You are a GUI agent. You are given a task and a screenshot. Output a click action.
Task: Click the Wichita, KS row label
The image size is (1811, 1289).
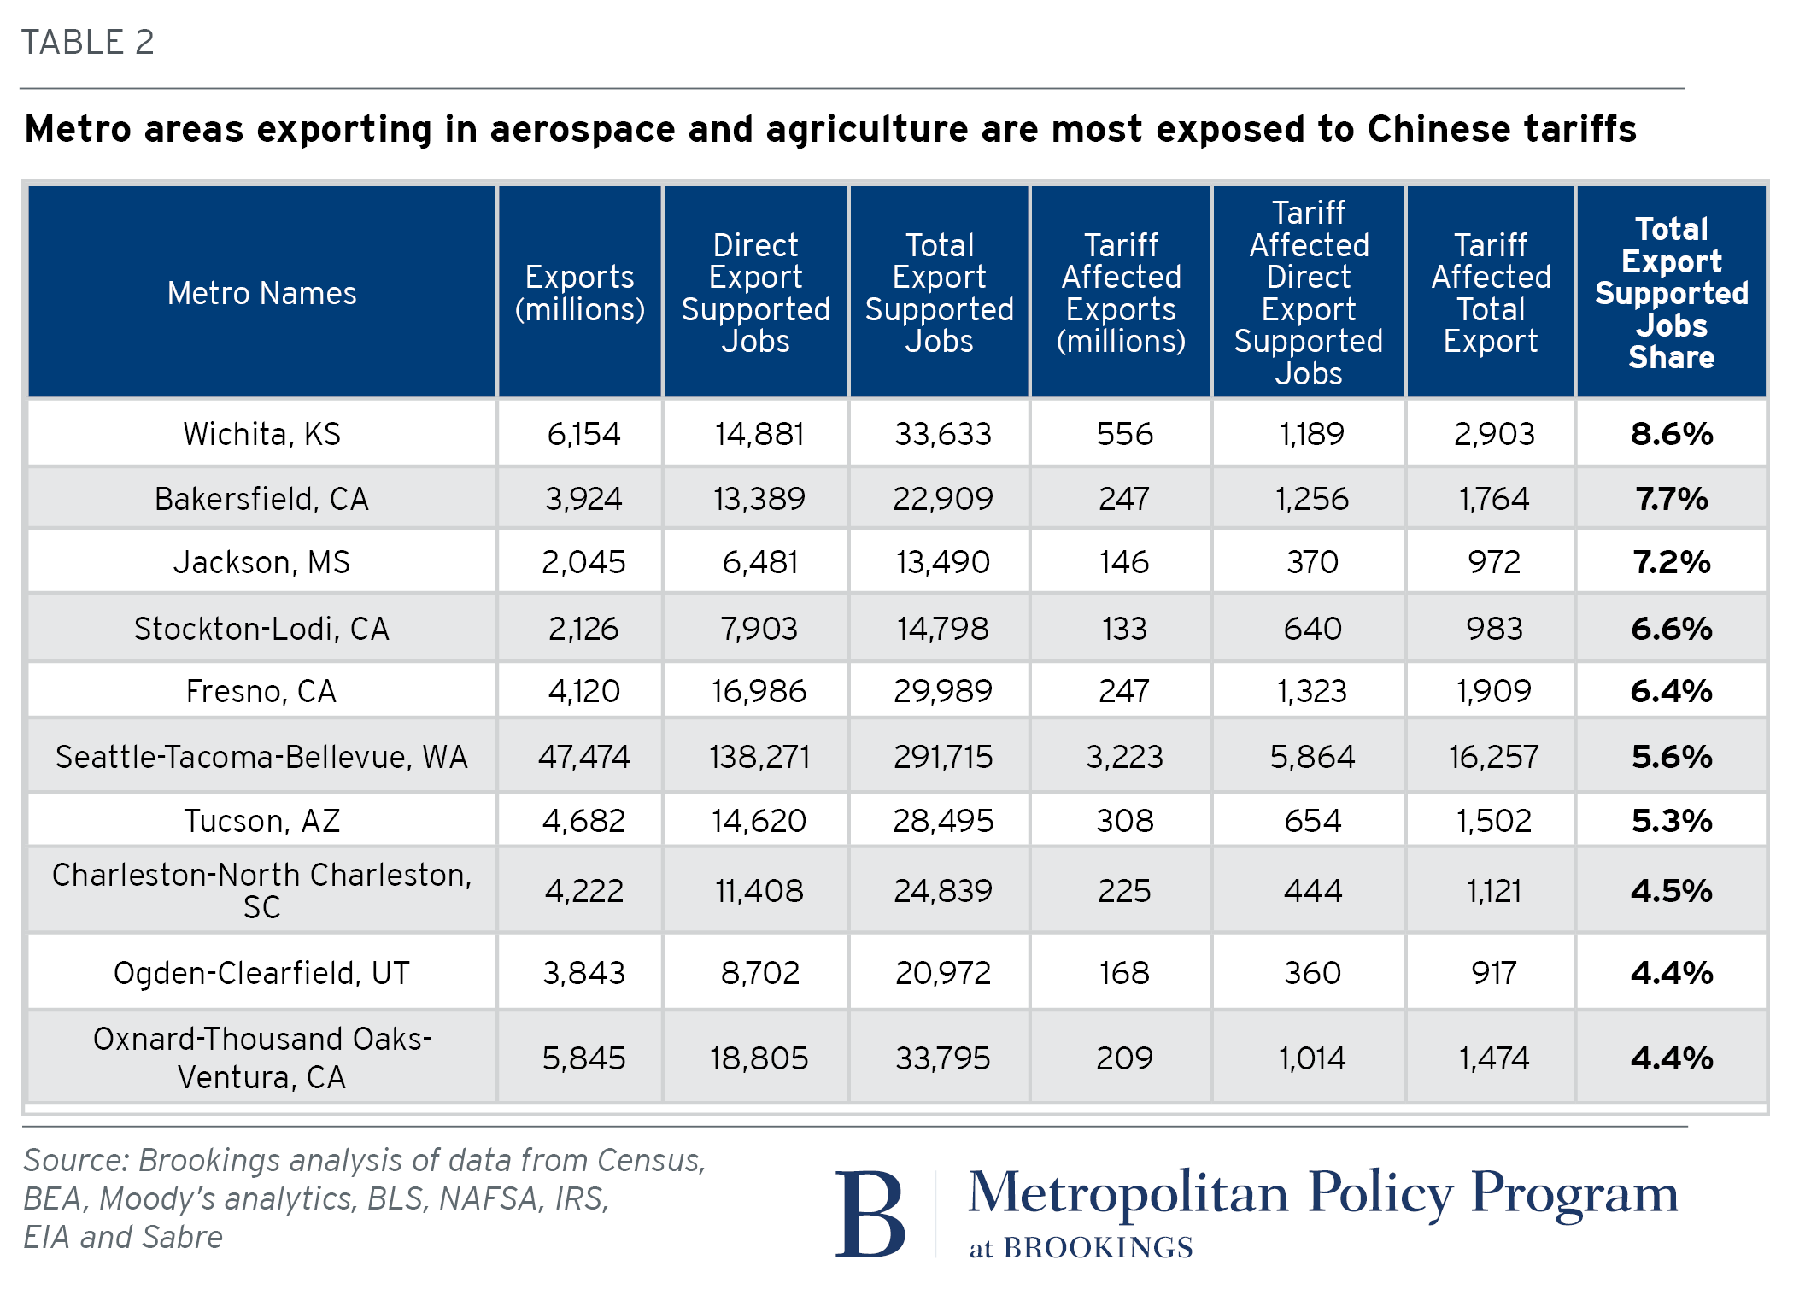point(261,434)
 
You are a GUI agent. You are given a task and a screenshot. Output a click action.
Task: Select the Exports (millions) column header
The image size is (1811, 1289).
point(580,293)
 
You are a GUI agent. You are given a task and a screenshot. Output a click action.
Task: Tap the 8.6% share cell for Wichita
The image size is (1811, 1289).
point(1672,434)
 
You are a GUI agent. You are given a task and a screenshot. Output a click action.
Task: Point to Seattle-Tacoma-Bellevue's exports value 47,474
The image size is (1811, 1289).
point(583,757)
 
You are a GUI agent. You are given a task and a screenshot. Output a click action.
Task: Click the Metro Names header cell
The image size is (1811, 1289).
point(261,293)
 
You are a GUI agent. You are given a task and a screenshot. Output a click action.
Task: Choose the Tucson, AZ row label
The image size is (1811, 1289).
point(261,821)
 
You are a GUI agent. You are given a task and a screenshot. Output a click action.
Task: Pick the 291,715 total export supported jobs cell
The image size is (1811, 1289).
point(943,757)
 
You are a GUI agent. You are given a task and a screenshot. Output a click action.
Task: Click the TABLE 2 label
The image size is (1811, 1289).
point(88,42)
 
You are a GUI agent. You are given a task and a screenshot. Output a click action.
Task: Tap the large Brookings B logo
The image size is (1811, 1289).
point(870,1213)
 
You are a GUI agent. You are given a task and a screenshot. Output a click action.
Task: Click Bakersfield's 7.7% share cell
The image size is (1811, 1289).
point(1672,498)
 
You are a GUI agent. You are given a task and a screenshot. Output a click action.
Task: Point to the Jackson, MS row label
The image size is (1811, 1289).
point(261,562)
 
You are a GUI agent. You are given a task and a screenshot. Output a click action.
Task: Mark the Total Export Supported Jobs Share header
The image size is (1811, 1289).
point(1672,293)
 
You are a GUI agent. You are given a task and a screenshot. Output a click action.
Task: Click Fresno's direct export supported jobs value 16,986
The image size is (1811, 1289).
point(759,691)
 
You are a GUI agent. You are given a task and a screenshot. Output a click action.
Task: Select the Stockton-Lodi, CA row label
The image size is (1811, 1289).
point(261,629)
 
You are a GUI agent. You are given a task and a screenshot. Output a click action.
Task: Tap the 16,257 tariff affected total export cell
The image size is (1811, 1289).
point(1493,757)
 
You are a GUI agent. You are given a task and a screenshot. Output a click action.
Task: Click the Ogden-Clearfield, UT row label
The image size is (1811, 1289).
point(261,973)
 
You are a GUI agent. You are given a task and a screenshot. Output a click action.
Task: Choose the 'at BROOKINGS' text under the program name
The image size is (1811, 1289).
point(1081,1248)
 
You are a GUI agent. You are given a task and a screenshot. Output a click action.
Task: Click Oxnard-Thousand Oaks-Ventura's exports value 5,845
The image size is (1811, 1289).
point(583,1058)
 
